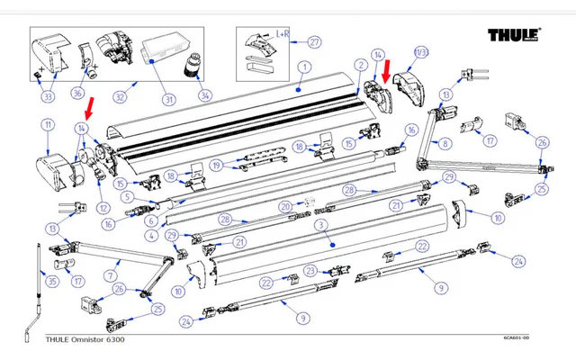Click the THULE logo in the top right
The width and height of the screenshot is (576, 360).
pyautogui.click(x=514, y=36)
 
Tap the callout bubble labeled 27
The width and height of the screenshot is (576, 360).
pyautogui.click(x=314, y=41)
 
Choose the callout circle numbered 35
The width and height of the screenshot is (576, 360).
pyautogui.click(x=53, y=282)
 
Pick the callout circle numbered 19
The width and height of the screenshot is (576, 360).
pyautogui.click(x=217, y=166)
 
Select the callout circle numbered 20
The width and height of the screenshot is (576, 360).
pyautogui.click(x=284, y=207)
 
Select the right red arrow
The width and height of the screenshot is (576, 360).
pyautogui.click(x=386, y=69)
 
